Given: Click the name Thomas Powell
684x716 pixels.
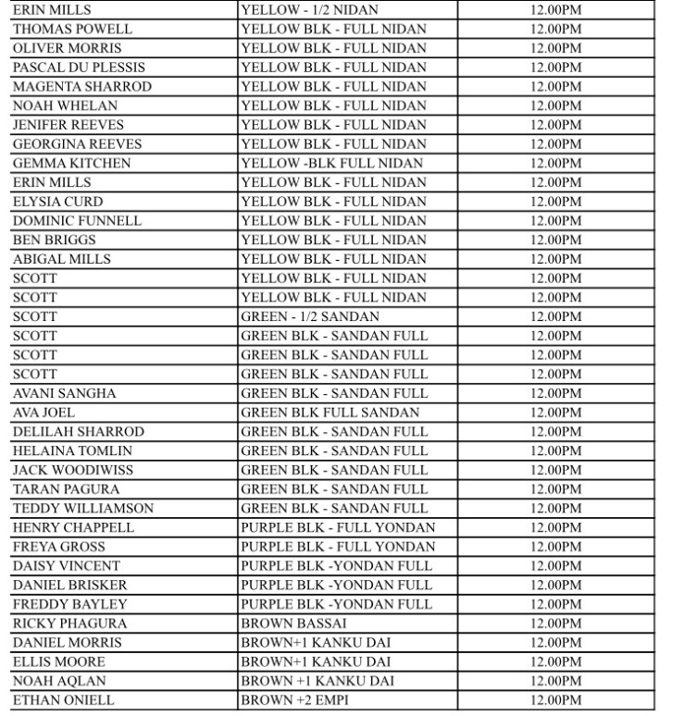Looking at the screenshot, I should pos(72,29).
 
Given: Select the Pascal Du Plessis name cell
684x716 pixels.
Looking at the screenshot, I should pos(79,68).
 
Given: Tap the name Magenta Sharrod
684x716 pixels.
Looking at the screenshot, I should pos(81,87).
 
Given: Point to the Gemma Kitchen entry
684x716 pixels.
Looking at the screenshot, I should pos(71,164).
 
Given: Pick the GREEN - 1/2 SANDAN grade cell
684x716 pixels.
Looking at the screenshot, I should pos(309,317).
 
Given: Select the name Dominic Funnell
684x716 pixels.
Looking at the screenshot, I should pos(77,221).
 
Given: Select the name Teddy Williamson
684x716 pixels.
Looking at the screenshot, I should pos(83,509).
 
